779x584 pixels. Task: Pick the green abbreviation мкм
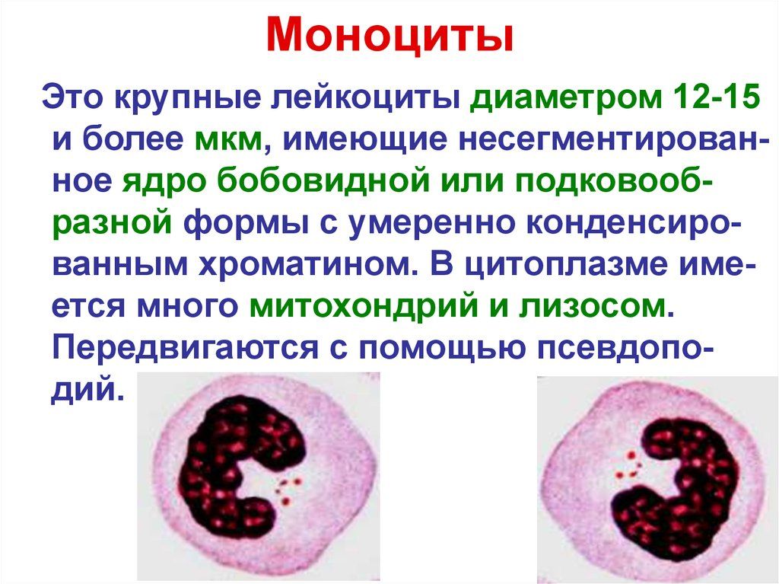point(232,142)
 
